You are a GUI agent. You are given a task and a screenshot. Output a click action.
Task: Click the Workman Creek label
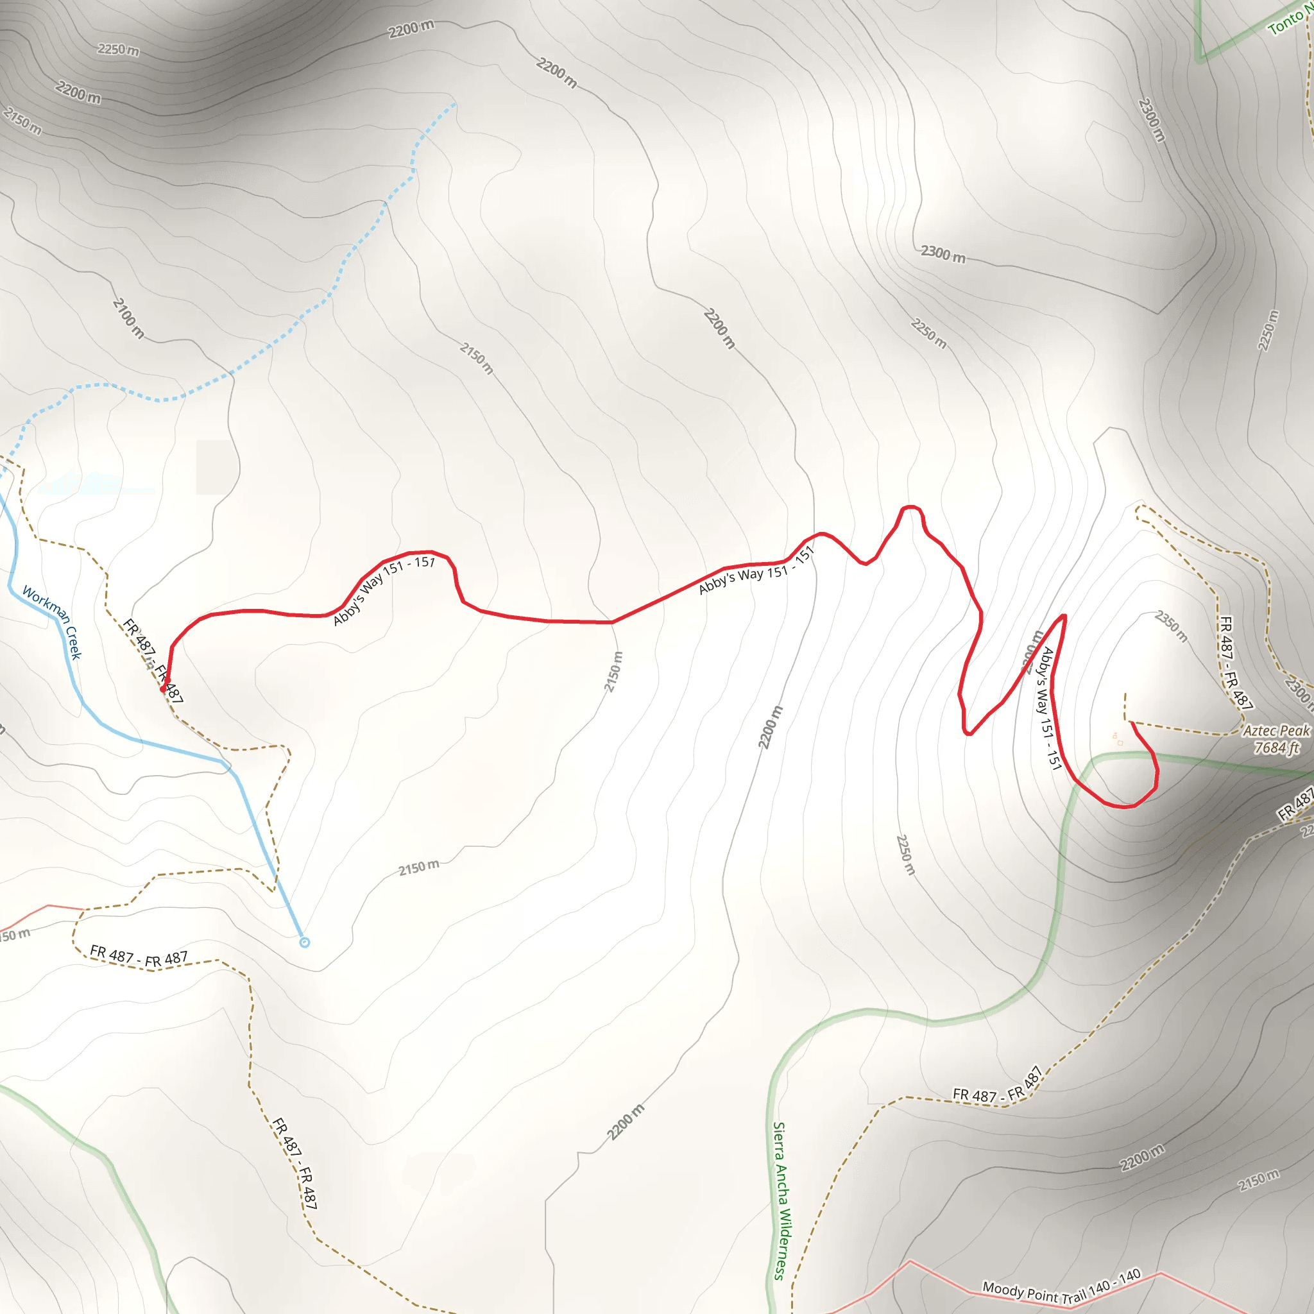tap(53, 622)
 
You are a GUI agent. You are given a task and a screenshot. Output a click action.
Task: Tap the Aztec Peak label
tap(1276, 730)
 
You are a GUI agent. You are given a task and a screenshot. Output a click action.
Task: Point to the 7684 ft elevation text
tap(1276, 748)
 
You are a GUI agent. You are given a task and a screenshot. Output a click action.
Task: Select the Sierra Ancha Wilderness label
tap(781, 1201)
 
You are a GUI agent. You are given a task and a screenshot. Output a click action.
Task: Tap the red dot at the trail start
tap(162, 689)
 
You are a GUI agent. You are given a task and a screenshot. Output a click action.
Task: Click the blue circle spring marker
tap(305, 942)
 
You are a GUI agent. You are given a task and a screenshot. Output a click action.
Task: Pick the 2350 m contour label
tap(1171, 626)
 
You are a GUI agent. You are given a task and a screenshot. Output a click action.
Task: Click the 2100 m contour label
tap(128, 318)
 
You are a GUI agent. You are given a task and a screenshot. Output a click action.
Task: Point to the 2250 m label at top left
tap(118, 49)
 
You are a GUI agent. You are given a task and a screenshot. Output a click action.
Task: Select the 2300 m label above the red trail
tap(943, 253)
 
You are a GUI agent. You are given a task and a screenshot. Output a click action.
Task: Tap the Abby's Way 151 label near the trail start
tap(384, 589)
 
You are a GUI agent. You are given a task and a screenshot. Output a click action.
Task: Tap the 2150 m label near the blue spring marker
tap(418, 869)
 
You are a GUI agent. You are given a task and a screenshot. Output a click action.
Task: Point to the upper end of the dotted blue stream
tap(454, 104)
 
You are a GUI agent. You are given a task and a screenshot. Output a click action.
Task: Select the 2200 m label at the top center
tap(411, 30)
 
